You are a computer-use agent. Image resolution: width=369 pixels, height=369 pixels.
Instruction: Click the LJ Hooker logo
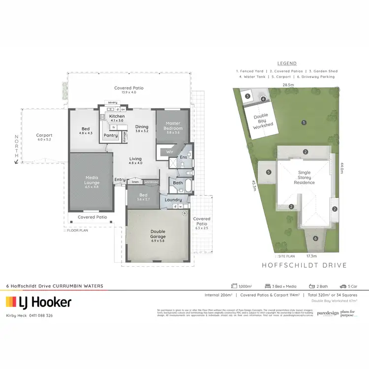38,302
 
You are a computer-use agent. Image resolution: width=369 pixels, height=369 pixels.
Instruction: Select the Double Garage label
158,234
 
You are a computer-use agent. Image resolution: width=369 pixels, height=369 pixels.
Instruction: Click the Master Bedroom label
173,126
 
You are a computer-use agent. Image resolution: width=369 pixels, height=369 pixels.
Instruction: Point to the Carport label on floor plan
44,135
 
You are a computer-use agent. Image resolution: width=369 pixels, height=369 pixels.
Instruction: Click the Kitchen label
117,116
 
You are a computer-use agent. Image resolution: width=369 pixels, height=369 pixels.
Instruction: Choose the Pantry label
111,135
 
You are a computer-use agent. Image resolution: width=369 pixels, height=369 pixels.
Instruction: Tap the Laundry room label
174,200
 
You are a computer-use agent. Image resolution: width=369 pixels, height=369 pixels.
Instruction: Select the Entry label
120,180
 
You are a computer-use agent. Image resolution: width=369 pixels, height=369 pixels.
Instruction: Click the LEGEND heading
287,63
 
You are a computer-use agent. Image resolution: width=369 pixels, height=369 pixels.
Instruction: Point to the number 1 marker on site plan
304,122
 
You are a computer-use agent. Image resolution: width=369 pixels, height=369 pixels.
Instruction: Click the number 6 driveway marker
315,239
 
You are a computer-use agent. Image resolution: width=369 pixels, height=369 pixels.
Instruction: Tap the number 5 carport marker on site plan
268,172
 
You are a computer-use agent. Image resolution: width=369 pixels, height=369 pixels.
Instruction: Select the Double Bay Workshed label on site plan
263,121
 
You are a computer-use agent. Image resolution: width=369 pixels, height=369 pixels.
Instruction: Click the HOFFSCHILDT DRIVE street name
305,265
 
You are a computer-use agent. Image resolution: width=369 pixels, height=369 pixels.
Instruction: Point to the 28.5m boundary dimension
288,85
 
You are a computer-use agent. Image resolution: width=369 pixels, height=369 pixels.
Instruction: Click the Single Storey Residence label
305,177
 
